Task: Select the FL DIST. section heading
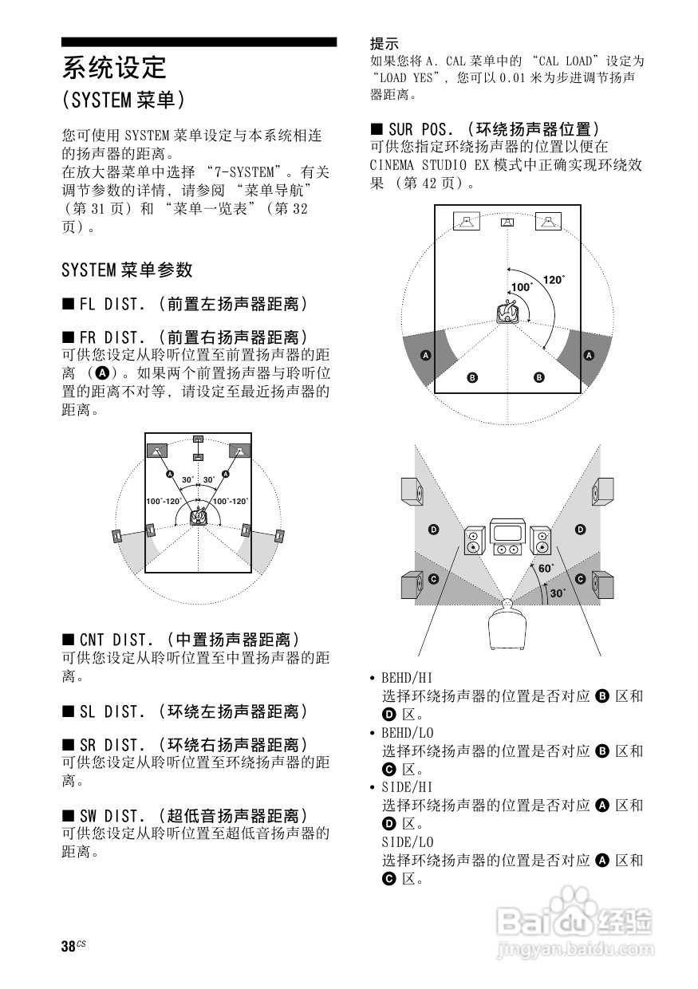point(184,304)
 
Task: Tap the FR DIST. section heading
point(184,337)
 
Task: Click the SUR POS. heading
point(483,128)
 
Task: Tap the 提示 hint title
point(384,43)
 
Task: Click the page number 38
point(69,947)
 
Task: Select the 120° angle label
point(553,280)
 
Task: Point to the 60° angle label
point(546,569)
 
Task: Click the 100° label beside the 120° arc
point(521,287)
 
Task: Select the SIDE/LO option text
point(407,842)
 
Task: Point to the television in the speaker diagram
point(507,538)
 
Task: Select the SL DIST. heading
point(184,711)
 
